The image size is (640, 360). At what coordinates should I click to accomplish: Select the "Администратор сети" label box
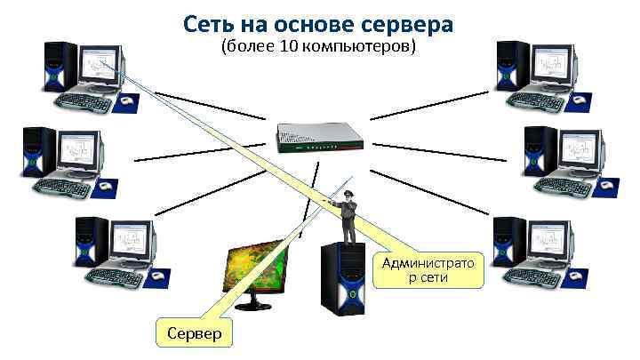pos(428,269)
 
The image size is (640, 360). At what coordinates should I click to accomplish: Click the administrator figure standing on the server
pos(348,214)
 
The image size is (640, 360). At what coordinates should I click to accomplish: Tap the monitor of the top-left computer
pos(100,66)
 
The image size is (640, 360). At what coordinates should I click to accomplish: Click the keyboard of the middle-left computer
pos(63,189)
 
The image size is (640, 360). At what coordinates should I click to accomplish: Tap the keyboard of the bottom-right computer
pos(533,276)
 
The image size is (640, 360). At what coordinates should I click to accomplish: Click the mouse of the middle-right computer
pos(607,188)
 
